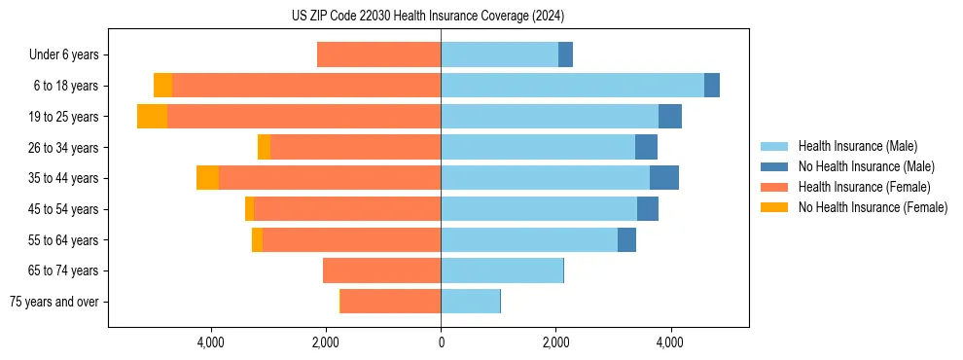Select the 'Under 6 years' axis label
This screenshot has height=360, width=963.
[63, 54]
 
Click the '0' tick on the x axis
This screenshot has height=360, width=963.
[441, 342]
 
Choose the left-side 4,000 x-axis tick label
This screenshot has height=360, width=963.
[211, 342]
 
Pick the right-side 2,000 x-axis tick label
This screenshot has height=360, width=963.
[555, 342]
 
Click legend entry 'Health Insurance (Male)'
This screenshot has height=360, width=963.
[857, 146]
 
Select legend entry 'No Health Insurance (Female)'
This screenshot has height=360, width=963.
[873, 207]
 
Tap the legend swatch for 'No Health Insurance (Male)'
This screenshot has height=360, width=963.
[775, 166]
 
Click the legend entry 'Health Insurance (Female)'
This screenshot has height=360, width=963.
[864, 187]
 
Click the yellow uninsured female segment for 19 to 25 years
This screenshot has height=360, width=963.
[152, 117]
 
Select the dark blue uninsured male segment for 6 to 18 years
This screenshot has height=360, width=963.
[712, 86]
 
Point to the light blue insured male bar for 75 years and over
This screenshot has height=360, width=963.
[470, 302]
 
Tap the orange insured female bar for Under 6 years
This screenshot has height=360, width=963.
[378, 54]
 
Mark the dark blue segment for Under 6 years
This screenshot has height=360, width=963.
[565, 54]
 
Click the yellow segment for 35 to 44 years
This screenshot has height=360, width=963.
[207, 178]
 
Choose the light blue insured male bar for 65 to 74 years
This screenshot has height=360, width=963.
[502, 270]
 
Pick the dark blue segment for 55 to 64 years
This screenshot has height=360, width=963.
[626, 239]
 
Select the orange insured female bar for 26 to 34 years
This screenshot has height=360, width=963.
[355, 147]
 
